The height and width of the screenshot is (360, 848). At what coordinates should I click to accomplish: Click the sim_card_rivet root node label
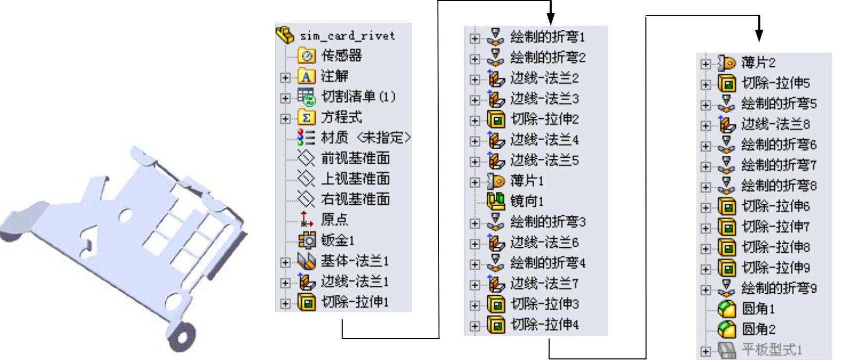pos(347,36)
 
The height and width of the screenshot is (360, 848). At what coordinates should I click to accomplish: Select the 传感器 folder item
pos(341,56)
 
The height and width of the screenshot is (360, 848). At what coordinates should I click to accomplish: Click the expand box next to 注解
pos(286,77)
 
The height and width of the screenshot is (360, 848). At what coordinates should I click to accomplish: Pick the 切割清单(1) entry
pos(358,97)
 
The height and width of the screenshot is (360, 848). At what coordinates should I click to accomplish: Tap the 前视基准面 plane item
pos(355,158)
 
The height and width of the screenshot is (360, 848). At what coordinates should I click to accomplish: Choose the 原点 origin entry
pos(334,219)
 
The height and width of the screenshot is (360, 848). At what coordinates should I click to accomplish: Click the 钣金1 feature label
pos(337,240)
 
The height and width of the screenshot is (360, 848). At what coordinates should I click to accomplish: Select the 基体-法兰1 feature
pos(354,261)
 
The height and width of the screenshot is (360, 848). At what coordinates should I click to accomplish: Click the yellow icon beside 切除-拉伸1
pos(306,302)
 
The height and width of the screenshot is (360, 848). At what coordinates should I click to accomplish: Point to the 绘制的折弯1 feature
pos(547,37)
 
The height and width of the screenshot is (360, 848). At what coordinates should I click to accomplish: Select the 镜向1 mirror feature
pos(527,201)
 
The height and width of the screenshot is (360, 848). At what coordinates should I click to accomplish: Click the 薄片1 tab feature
pos(527,181)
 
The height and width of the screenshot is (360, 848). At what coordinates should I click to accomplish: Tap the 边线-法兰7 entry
pos(544,284)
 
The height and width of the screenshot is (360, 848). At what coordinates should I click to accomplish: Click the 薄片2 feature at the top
pos(758,63)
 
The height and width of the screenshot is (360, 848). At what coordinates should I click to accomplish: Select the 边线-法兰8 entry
pos(775,124)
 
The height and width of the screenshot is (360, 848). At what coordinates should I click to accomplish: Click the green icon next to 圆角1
pos(726,309)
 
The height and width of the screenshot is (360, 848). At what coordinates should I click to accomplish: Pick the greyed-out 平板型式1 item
pos(771,350)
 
